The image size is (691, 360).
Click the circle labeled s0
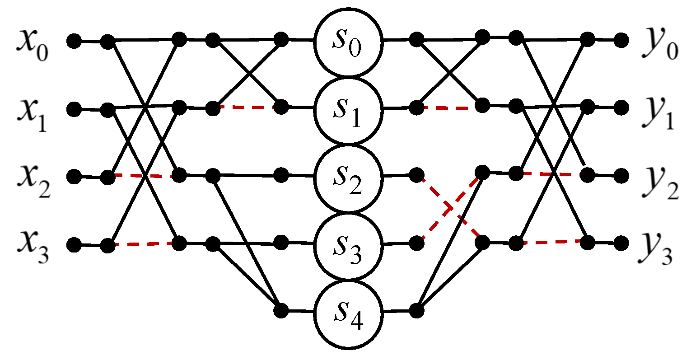(x=348, y=42)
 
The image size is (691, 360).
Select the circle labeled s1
(x=348, y=109)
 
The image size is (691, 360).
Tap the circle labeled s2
(x=348, y=177)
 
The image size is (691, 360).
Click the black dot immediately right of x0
(x=74, y=41)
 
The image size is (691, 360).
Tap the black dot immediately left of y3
(x=621, y=243)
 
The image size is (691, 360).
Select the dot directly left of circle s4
(x=281, y=311)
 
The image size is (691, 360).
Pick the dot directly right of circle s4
(x=416, y=311)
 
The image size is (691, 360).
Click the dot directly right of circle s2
(x=416, y=175)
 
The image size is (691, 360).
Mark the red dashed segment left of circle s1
(x=247, y=108)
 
